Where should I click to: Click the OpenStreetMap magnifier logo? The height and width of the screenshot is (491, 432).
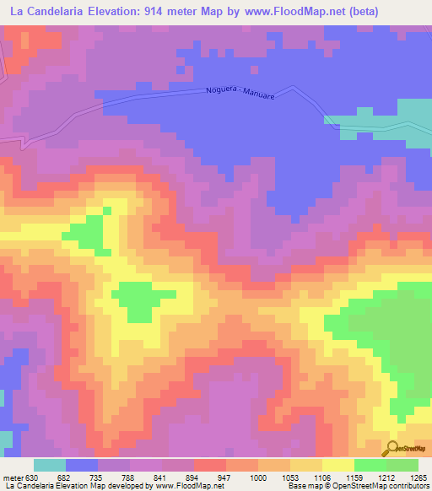(393, 449)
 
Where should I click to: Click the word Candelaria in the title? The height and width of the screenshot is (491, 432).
(56, 12)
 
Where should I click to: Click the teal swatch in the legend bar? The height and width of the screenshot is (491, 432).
(50, 465)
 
